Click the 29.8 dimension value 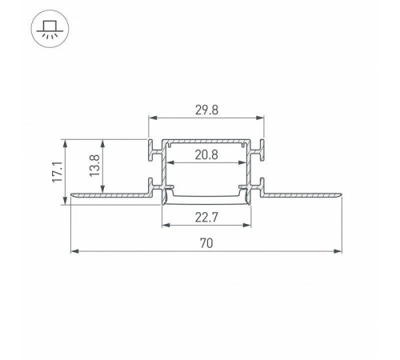point(205,111)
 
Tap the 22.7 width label point(205,214)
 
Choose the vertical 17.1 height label point(56,171)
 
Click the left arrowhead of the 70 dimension point(74,252)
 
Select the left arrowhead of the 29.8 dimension point(151,121)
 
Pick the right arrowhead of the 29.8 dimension point(261,121)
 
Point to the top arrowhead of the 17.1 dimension point(65,142)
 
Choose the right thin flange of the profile point(304,194)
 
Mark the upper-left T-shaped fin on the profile point(153,148)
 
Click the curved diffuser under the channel point(206,197)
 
